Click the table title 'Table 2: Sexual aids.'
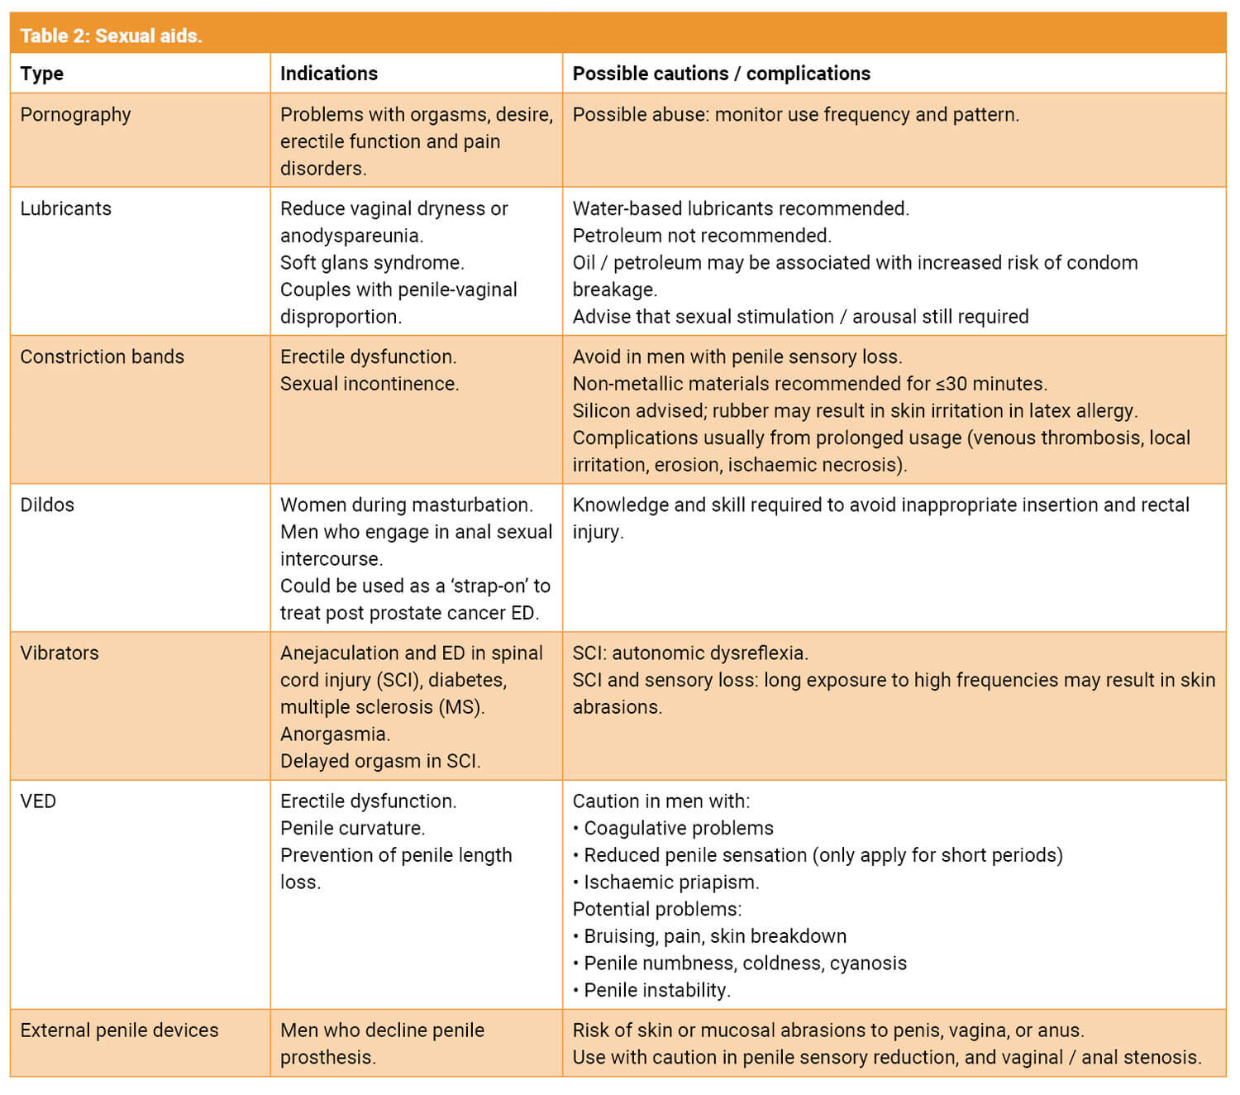click(111, 36)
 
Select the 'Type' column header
click(41, 74)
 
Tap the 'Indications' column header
click(328, 74)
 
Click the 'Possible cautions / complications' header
click(721, 74)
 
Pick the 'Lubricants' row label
click(65, 208)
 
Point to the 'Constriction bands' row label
click(102, 356)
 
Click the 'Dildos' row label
click(47, 504)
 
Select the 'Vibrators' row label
click(59, 653)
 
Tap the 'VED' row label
click(38, 801)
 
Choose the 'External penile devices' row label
click(119, 1030)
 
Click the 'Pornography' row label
click(75, 114)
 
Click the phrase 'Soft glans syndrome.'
click(372, 262)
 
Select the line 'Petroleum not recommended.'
click(702, 236)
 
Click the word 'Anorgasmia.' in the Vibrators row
click(335, 734)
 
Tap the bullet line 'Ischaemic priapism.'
click(670, 882)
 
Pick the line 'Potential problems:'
click(657, 909)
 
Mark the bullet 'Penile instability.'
click(656, 990)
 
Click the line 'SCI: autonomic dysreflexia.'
click(690, 653)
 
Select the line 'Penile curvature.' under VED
click(352, 828)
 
